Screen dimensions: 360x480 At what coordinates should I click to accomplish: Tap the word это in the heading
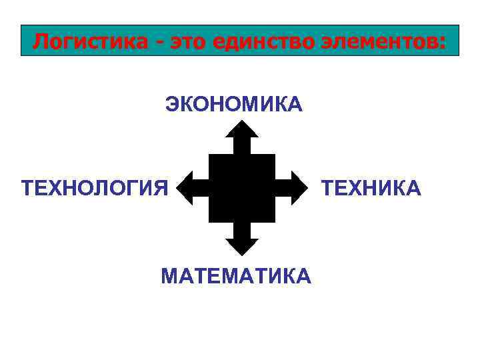coord(192,41)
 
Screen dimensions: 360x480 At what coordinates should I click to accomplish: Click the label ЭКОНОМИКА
coord(234,104)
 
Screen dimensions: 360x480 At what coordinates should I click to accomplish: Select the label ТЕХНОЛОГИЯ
coord(95,188)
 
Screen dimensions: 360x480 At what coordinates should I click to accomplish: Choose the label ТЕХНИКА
coord(371,188)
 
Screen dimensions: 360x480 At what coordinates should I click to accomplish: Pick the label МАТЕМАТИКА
coord(236,275)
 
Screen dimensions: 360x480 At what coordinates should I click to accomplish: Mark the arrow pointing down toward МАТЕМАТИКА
coord(241,240)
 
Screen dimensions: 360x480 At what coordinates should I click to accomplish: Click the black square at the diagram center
coord(241,188)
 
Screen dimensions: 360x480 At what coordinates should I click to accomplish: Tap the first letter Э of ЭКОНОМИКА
coord(172,104)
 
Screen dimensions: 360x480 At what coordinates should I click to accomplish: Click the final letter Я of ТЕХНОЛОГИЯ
coord(161,188)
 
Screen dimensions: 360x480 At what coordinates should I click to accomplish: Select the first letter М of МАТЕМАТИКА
coord(169,275)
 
